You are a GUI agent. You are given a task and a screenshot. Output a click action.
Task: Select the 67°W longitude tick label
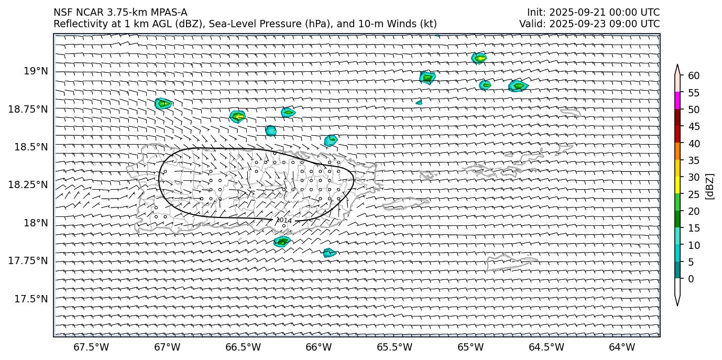tap(167, 347)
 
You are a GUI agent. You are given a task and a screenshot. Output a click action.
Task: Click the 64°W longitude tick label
tap(622, 347)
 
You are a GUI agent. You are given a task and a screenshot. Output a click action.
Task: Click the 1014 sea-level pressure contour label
tap(284, 221)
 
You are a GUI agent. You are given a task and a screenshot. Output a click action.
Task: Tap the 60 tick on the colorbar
tap(694, 76)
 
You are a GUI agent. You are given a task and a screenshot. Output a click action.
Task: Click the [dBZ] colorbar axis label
tap(710, 186)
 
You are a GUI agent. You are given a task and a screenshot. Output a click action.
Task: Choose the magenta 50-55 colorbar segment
tap(677, 101)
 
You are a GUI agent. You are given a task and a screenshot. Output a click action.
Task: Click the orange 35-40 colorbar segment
tap(677, 151)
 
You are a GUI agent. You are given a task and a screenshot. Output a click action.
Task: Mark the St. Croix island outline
tap(511, 261)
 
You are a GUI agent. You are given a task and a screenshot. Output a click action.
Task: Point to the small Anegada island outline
tap(570, 112)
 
